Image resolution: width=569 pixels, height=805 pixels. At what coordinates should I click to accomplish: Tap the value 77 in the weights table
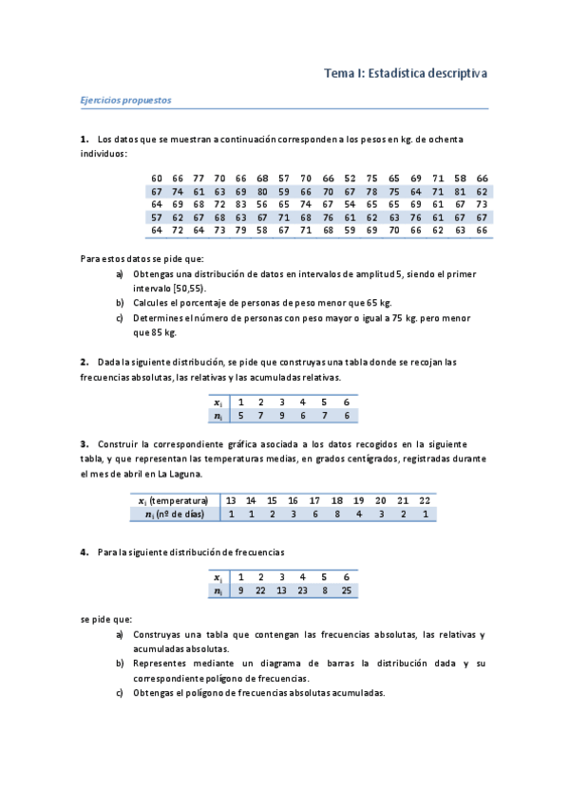(199, 178)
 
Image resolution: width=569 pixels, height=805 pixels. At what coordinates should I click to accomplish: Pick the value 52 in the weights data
(351, 178)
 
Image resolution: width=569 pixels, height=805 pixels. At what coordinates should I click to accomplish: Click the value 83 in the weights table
(241, 204)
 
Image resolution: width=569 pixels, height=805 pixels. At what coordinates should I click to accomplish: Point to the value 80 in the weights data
(263, 191)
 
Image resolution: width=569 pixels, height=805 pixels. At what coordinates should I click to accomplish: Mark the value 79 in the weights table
(241, 230)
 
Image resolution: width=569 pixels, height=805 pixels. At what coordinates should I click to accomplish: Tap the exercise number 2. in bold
(85, 361)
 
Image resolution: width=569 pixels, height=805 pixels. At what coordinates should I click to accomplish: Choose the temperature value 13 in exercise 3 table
(231, 500)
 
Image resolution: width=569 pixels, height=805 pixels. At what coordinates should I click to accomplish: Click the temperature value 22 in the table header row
(425, 500)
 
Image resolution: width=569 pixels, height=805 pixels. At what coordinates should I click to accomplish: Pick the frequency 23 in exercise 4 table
(302, 590)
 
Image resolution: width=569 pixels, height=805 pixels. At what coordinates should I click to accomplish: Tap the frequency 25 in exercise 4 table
(347, 590)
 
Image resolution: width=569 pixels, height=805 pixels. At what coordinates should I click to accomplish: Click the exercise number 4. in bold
(85, 552)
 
